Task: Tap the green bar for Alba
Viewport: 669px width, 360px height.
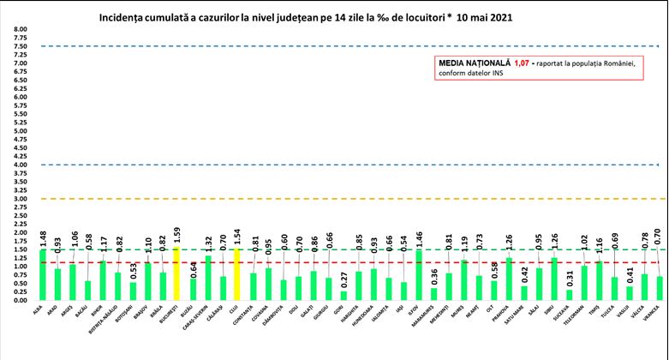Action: [x=43, y=275]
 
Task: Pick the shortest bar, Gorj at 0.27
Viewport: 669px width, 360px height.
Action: [x=343, y=296]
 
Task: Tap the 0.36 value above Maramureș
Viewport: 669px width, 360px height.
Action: [x=435, y=277]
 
